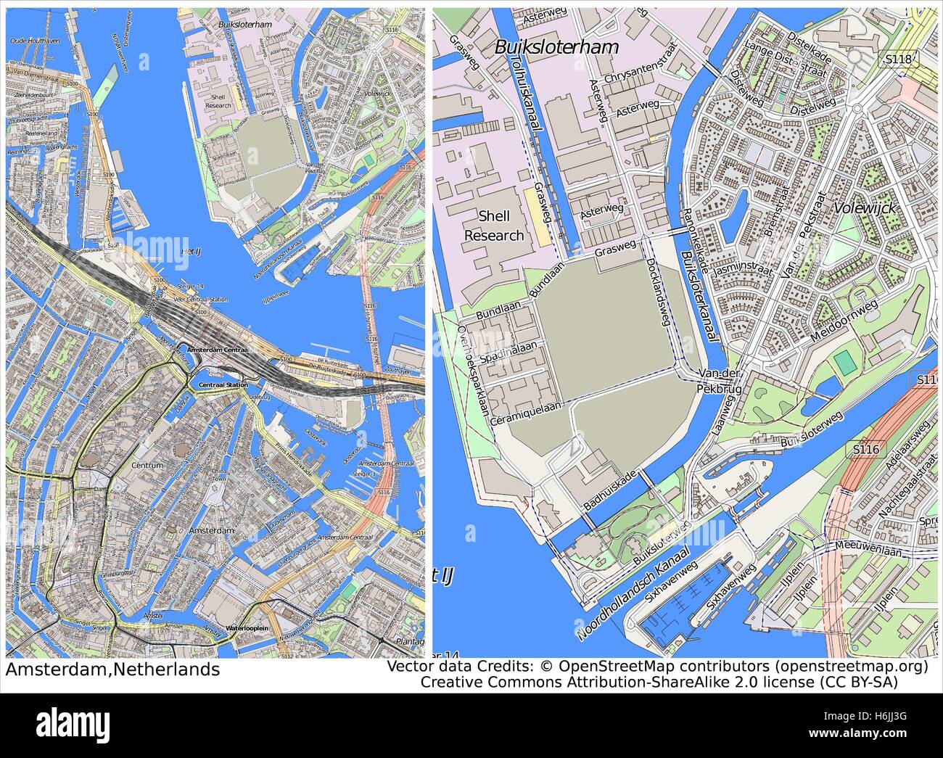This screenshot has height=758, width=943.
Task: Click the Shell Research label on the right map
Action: (x=493, y=226)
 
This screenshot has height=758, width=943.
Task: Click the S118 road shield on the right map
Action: (x=896, y=56)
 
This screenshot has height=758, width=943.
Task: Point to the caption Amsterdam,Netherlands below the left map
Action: (x=112, y=669)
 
